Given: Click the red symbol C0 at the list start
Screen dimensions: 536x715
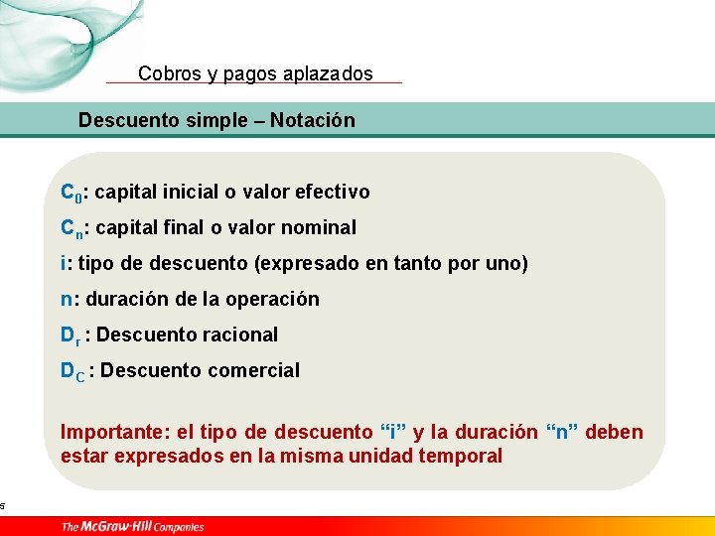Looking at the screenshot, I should (71, 193).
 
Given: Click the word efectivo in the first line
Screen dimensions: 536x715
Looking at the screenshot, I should (333, 192).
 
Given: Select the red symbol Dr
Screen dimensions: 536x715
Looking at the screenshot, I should (71, 335).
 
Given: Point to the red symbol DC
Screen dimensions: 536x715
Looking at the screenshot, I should (72, 371).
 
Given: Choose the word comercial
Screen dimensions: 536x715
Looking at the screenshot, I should (254, 370).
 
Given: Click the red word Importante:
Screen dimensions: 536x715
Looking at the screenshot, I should (115, 432).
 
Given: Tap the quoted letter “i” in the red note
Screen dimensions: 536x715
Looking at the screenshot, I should (392, 432).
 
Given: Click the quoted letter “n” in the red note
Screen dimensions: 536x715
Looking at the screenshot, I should (563, 432).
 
